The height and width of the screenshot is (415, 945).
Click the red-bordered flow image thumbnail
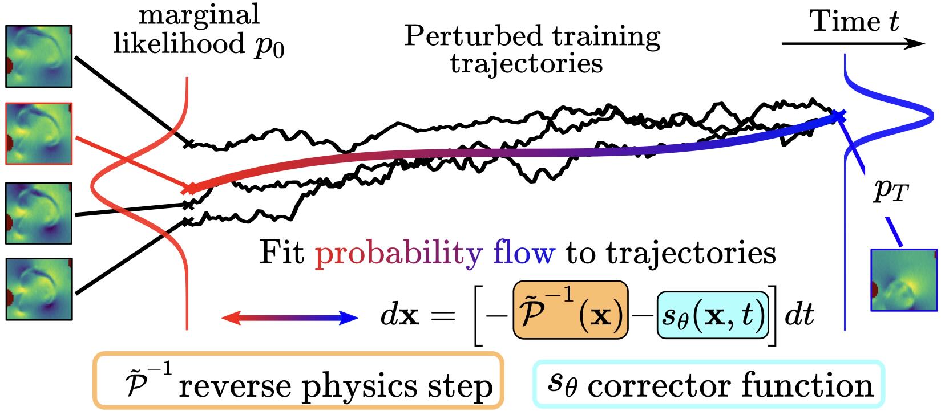click(x=39, y=133)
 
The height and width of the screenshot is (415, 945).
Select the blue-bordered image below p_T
click(x=904, y=280)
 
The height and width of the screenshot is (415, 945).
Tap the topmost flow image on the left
click(x=39, y=56)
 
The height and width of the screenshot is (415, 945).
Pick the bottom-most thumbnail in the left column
click(x=39, y=288)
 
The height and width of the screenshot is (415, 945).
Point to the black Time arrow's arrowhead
click(x=916, y=44)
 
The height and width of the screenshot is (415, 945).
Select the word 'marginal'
click(x=199, y=14)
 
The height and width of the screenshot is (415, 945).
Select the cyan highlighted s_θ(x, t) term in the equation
click(x=713, y=315)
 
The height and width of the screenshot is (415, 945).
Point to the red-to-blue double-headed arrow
click(x=289, y=318)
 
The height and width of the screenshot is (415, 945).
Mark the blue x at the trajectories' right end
click(x=837, y=116)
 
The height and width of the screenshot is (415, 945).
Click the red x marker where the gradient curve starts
click(x=188, y=188)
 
